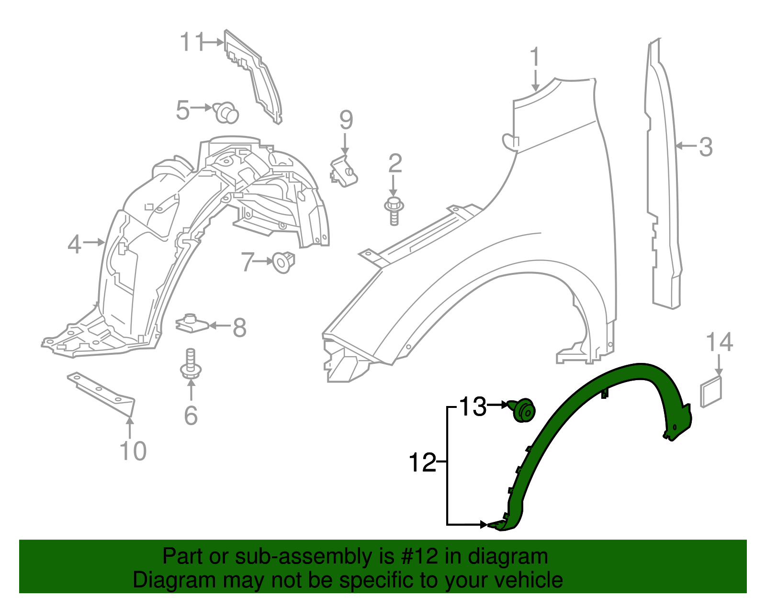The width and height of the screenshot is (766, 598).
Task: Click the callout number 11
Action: coord(192,42)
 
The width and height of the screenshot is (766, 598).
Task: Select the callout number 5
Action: coord(183,110)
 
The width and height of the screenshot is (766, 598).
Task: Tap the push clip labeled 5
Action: coord(226,112)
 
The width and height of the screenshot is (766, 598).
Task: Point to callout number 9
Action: coord(346,120)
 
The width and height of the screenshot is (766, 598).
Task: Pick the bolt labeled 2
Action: coord(394,211)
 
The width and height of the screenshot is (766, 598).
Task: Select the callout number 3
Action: coord(706,147)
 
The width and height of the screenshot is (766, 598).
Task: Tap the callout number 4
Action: coord(74,244)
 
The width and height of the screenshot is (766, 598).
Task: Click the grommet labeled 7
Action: coord(283,262)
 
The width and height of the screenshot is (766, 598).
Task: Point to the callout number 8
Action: coord(239,327)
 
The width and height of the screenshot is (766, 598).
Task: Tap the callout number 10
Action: coord(133,451)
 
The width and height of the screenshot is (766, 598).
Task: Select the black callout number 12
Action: coord(423,463)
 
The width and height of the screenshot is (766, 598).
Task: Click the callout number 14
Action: coord(720,342)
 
